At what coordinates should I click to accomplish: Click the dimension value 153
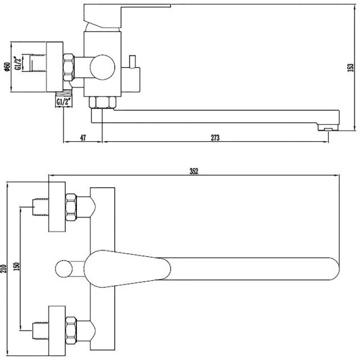click(349, 68)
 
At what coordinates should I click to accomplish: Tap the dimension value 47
click(83, 138)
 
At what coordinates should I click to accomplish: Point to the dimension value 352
click(193, 172)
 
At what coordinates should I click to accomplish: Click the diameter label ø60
click(6, 66)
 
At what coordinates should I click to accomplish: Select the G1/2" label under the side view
click(64, 102)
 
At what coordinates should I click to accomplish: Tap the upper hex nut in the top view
click(73, 205)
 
